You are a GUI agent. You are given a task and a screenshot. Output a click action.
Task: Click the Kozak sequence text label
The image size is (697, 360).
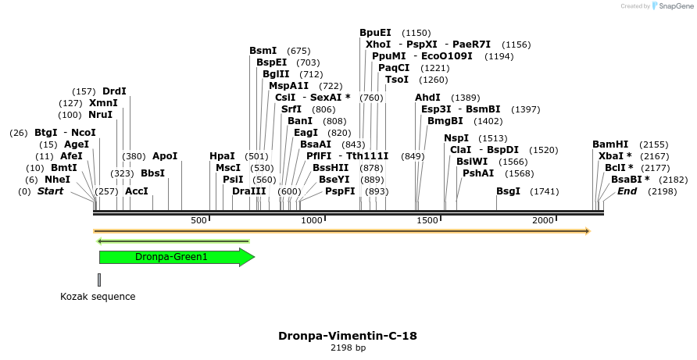(98, 297)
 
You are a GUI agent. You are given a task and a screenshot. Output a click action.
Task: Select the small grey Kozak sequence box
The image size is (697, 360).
(99, 279)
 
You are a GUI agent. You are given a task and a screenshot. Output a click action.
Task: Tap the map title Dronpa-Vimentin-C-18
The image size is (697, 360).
(348, 336)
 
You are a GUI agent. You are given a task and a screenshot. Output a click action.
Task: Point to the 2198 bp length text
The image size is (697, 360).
(348, 348)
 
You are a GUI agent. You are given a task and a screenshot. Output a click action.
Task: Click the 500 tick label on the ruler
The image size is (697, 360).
(199, 221)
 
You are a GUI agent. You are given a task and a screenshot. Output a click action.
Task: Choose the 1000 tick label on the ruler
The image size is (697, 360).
(312, 221)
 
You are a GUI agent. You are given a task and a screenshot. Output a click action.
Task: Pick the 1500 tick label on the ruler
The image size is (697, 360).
(428, 221)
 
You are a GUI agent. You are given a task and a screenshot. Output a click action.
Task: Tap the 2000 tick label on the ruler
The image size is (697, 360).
(543, 221)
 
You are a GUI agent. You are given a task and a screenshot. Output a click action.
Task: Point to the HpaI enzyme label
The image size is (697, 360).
(222, 156)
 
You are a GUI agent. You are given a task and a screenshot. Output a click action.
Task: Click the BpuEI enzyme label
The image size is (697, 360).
(375, 33)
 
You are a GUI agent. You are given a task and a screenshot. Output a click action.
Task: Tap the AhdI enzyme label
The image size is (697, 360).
(428, 98)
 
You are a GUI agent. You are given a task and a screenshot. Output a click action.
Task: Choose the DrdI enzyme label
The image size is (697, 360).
(114, 91)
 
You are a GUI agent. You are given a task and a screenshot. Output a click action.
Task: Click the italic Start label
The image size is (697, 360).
(50, 191)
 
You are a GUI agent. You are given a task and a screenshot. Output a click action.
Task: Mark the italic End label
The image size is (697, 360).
(627, 191)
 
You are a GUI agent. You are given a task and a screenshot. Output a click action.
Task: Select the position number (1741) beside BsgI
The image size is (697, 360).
(545, 191)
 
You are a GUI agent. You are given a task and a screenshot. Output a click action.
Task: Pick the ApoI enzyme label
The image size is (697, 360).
(165, 156)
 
